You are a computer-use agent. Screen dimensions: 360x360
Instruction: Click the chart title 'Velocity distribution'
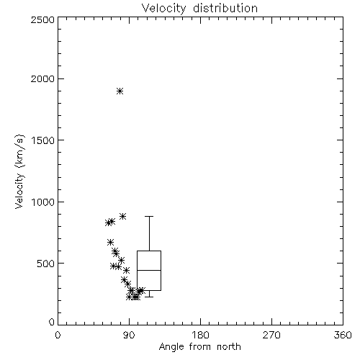point(199,8)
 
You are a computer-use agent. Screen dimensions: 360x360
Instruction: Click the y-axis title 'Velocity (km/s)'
point(19,171)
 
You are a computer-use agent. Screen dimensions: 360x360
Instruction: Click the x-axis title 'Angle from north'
point(199,346)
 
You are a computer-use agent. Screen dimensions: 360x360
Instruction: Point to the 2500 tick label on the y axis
point(42,19)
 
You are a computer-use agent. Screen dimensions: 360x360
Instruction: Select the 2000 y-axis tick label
point(42,78)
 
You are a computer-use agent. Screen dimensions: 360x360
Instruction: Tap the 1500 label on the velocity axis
point(43,140)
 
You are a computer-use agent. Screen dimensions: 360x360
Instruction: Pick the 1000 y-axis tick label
point(43,202)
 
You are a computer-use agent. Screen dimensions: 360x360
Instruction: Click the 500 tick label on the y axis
point(46,264)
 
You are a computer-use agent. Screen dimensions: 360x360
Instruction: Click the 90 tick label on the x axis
point(129,335)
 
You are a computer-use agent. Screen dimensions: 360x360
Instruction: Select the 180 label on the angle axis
point(200,335)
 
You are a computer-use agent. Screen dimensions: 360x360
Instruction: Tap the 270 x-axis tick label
point(271,335)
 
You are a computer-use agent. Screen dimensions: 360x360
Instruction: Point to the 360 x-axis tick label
point(343,335)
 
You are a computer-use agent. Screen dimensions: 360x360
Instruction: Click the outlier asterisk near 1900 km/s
point(120,91)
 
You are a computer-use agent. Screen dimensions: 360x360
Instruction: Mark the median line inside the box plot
point(149,270)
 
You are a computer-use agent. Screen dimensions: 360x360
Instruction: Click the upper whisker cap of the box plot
point(149,216)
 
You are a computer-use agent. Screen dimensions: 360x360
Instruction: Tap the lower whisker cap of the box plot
point(149,297)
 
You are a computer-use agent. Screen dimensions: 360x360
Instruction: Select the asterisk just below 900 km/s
point(123,216)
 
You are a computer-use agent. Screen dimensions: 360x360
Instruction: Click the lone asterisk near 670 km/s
point(110,242)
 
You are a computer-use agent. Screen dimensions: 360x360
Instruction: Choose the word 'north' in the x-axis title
point(229,346)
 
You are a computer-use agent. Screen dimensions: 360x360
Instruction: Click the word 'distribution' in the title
point(225,8)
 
